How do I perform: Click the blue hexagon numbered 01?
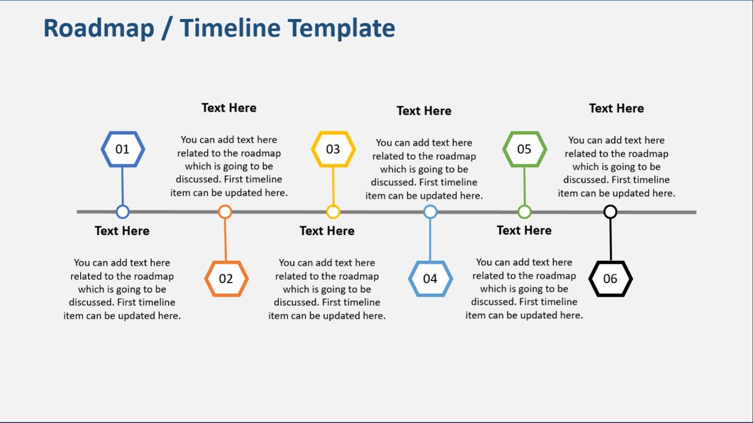pyautogui.click(x=122, y=149)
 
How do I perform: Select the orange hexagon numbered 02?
pyautogui.click(x=226, y=278)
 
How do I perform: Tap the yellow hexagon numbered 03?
pyautogui.click(x=333, y=149)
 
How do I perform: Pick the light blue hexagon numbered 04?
pyautogui.click(x=430, y=278)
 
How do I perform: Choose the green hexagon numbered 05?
pyautogui.click(x=524, y=149)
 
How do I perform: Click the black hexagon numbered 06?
pyautogui.click(x=610, y=278)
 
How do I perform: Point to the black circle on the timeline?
pyautogui.click(x=610, y=211)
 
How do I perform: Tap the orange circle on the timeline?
pyautogui.click(x=225, y=211)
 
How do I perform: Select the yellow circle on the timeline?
pyautogui.click(x=333, y=211)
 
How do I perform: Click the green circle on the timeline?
pyautogui.click(x=524, y=211)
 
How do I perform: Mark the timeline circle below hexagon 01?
pyautogui.click(x=122, y=211)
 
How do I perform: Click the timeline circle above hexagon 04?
pyautogui.click(x=430, y=211)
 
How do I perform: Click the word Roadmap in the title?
pyautogui.click(x=99, y=28)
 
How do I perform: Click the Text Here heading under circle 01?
pyautogui.click(x=122, y=231)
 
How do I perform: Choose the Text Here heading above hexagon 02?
pyautogui.click(x=229, y=108)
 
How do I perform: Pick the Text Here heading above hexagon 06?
pyautogui.click(x=616, y=109)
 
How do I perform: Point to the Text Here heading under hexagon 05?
pyautogui.click(x=524, y=230)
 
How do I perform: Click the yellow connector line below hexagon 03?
pyautogui.click(x=333, y=186)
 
